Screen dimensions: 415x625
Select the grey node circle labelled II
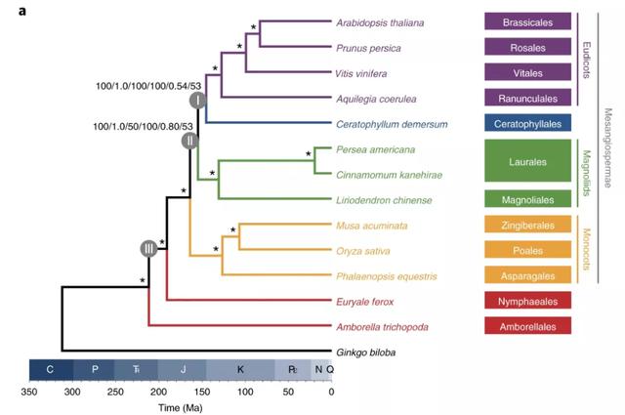pyautogui.click(x=188, y=141)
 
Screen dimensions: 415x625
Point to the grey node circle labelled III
pyautogui.click(x=148, y=249)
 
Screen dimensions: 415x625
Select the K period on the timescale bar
pyautogui.click(x=239, y=370)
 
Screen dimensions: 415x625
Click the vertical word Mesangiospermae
pyautogui.click(x=607, y=147)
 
